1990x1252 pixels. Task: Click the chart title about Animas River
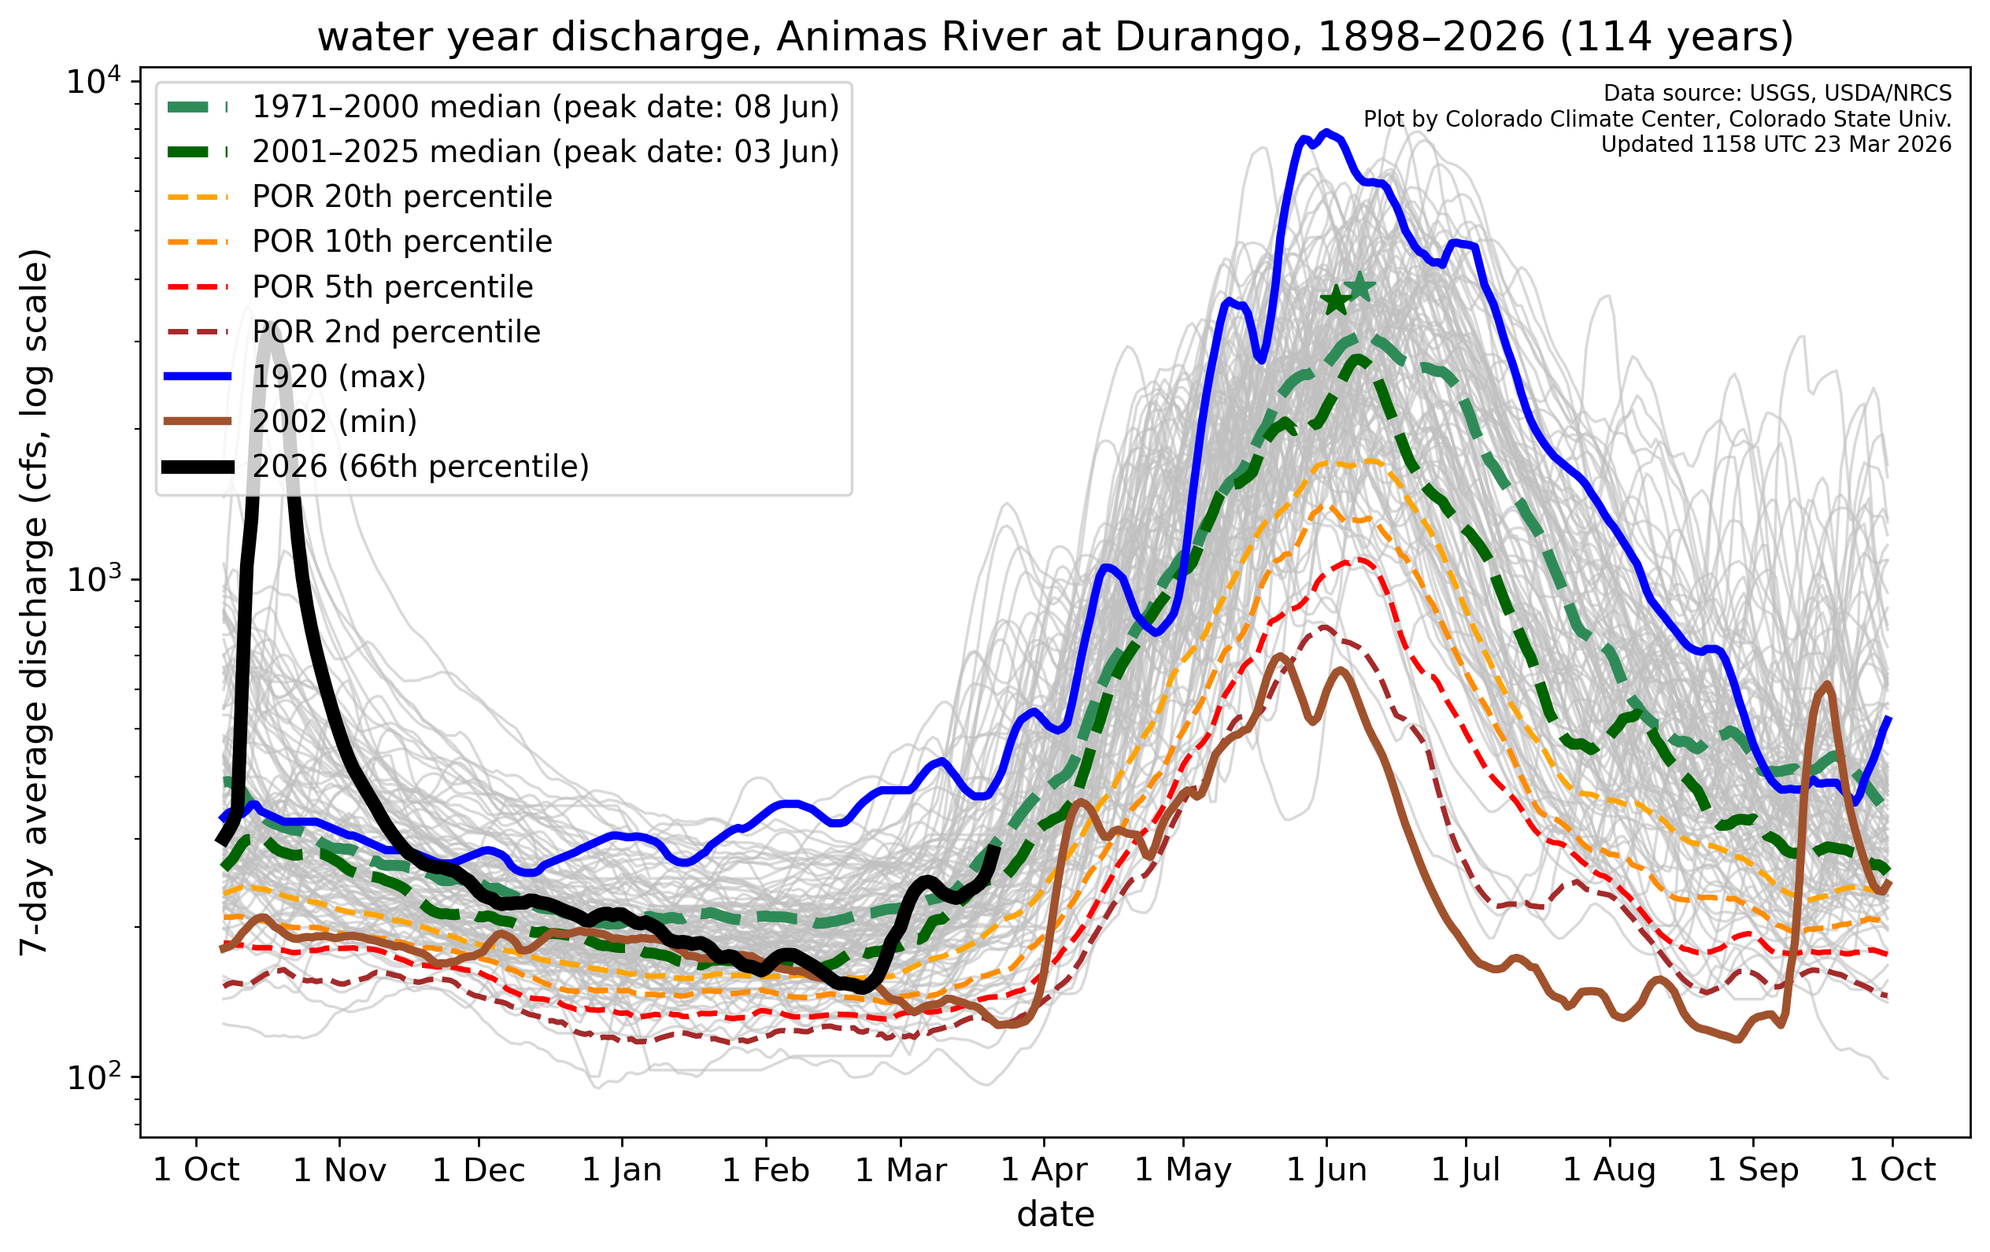coord(1056,37)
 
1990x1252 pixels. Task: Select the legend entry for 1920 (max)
coord(338,377)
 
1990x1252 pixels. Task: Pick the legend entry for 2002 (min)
coord(334,422)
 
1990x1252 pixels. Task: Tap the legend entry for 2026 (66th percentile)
coord(420,467)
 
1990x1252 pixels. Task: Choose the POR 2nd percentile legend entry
coord(396,332)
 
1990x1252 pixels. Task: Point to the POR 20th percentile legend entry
coord(401,197)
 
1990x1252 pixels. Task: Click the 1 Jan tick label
coord(621,1170)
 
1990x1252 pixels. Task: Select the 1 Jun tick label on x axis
coord(1326,1170)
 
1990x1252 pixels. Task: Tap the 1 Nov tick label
coord(338,1170)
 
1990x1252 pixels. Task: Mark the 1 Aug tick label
coord(1609,1170)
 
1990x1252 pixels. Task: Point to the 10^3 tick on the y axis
coord(93,578)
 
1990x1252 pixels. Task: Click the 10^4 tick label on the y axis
coord(93,82)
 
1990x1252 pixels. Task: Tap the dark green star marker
coord(1336,301)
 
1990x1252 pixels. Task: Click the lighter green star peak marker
coord(1359,287)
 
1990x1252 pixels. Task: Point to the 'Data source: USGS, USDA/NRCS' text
coord(1777,94)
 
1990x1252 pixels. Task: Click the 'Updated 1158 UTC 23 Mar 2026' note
coord(1775,145)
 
